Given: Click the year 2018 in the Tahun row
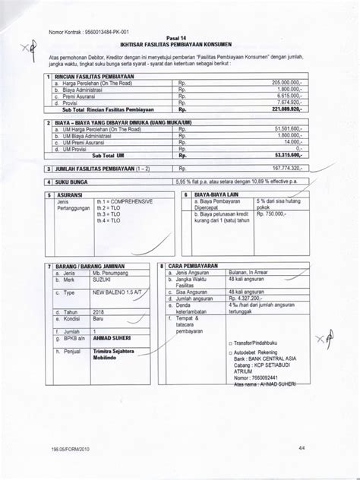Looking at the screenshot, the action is point(100,311).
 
